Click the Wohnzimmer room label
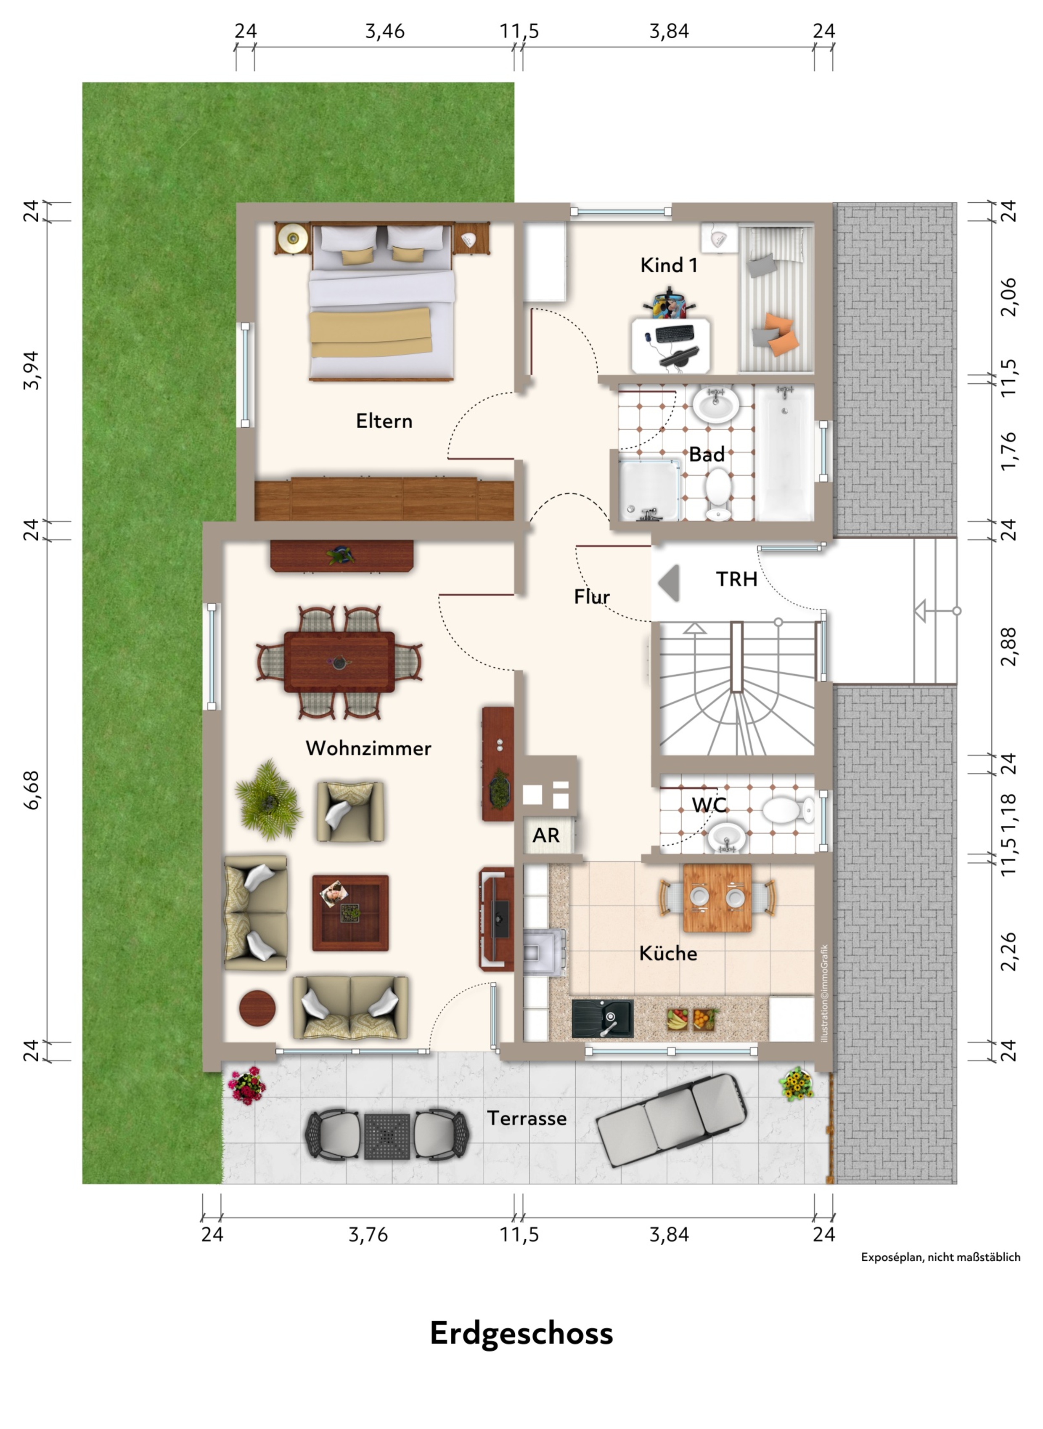click(x=368, y=748)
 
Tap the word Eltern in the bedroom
click(x=384, y=421)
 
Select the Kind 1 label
click(x=669, y=265)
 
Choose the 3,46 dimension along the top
click(x=384, y=31)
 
